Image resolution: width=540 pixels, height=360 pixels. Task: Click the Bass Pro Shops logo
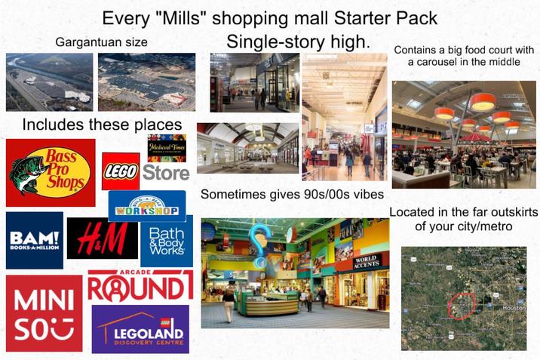[x=51, y=172]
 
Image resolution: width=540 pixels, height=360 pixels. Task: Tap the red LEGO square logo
[x=120, y=171]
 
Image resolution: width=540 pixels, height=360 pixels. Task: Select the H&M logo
[x=102, y=238]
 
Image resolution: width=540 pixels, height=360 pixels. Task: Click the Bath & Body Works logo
[x=166, y=241]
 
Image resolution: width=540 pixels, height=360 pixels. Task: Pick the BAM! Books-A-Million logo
[x=34, y=240]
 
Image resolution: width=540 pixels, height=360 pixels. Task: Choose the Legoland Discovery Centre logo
[x=140, y=329]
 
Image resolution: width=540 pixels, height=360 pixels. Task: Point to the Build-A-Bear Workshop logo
[x=148, y=206]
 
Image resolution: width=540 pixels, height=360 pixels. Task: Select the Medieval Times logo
[x=167, y=146]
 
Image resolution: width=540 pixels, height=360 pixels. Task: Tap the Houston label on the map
[x=513, y=308]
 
